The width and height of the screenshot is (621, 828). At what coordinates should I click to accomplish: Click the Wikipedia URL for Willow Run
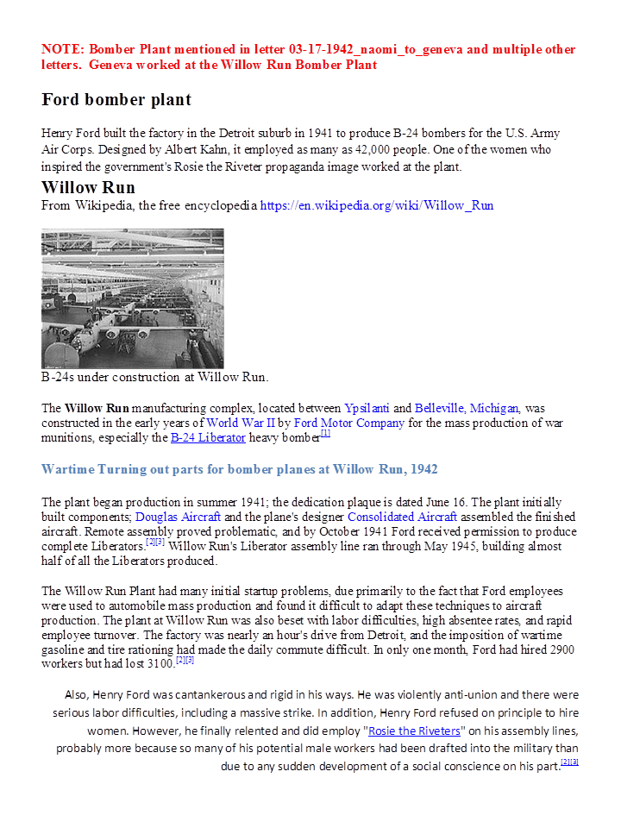pyautogui.click(x=377, y=206)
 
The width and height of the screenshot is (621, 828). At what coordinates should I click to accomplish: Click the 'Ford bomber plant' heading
pyautogui.click(x=116, y=100)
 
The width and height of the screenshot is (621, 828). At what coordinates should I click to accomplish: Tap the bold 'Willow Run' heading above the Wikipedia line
pyautogui.click(x=88, y=188)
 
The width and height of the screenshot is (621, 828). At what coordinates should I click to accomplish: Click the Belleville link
pyautogui.click(x=439, y=408)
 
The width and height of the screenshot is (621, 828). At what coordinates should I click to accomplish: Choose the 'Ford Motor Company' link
pyautogui.click(x=349, y=423)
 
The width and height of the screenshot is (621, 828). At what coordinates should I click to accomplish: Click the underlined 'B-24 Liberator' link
pyautogui.click(x=208, y=438)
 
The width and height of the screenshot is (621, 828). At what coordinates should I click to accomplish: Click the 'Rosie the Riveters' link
pyautogui.click(x=414, y=731)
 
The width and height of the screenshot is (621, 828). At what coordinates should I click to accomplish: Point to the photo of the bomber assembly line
pyautogui.click(x=132, y=298)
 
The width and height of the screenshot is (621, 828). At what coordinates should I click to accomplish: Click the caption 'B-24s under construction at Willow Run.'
pyautogui.click(x=155, y=377)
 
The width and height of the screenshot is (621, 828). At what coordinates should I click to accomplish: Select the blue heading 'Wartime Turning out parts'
pyautogui.click(x=239, y=469)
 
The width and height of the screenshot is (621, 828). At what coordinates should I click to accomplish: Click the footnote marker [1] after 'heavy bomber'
pyautogui.click(x=325, y=434)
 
